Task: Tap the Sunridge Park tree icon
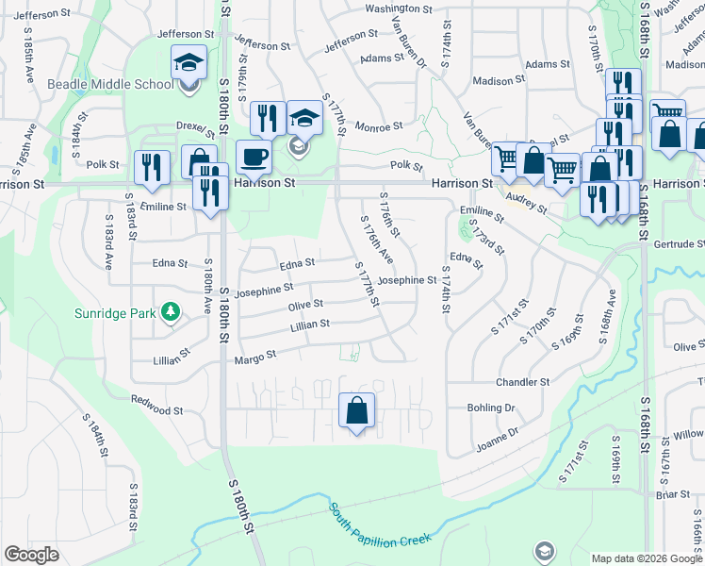(x=170, y=311)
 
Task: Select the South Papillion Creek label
(x=379, y=524)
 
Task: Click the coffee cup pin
(x=253, y=157)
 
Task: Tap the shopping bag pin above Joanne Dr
(x=357, y=412)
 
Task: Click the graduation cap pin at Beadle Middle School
(x=189, y=64)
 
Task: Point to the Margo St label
(x=254, y=357)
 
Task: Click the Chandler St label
(x=522, y=382)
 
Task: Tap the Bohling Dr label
(x=490, y=408)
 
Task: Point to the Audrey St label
(x=527, y=201)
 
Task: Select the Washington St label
(x=398, y=8)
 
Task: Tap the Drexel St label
(x=191, y=126)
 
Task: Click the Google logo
(x=31, y=555)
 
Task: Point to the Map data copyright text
(x=648, y=558)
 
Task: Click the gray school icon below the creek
(x=544, y=550)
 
